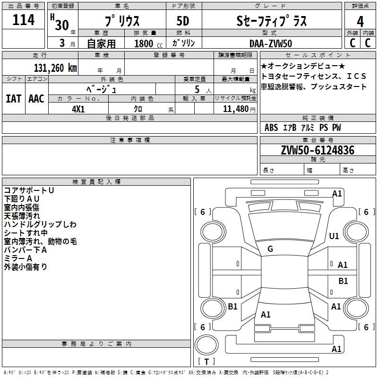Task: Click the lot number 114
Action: [24, 20]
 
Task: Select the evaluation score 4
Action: [361, 21]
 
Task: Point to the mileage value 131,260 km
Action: [55, 68]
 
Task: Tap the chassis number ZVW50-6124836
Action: [318, 150]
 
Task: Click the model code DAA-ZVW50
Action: [271, 43]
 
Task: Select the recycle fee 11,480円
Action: [235, 109]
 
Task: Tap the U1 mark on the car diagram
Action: [335, 236]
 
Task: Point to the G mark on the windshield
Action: [270, 249]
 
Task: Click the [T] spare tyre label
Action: [206, 362]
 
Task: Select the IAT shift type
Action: [14, 98]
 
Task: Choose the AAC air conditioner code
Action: [36, 98]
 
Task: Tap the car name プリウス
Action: [121, 21]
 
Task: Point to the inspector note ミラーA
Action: [18, 258]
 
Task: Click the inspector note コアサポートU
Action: [28, 190]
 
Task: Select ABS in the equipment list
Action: [271, 128]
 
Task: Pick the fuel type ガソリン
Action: [183, 43]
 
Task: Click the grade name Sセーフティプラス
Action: [271, 21]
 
